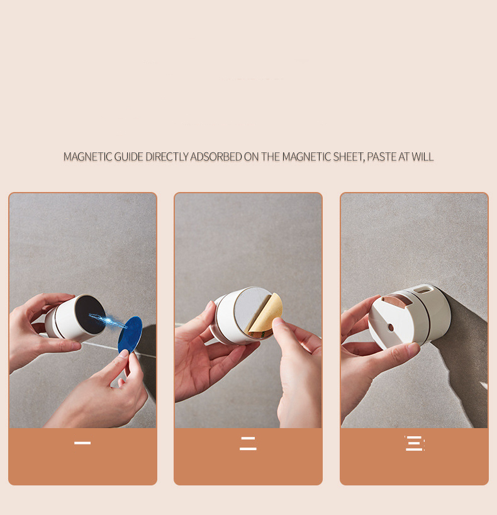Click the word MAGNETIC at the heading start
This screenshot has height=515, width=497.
[87, 157]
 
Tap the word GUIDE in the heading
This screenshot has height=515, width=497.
[128, 157]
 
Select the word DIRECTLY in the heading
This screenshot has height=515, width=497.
[167, 157]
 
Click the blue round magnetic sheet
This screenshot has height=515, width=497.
[130, 335]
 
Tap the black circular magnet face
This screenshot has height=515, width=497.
[91, 314]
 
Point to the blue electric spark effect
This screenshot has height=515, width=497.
[108, 321]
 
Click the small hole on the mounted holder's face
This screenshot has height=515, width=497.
[390, 327]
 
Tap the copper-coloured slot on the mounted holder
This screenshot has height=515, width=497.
[395, 300]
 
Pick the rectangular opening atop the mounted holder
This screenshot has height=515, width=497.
[422, 290]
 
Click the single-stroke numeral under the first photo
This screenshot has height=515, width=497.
[82, 443]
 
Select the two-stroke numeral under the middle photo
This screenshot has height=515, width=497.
[248, 443]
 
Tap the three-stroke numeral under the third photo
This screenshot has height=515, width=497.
[415, 443]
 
